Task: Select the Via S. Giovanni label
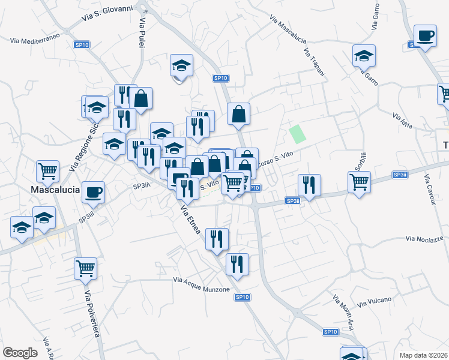click(105, 14)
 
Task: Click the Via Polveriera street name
click(91, 314)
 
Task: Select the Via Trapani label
click(315, 62)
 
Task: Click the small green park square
click(297, 133)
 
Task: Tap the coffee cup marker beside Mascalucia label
click(93, 192)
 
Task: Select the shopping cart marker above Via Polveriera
click(85, 268)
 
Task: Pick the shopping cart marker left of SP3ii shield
click(359, 182)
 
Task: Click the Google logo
click(20, 353)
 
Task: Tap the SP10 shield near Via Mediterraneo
click(82, 44)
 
